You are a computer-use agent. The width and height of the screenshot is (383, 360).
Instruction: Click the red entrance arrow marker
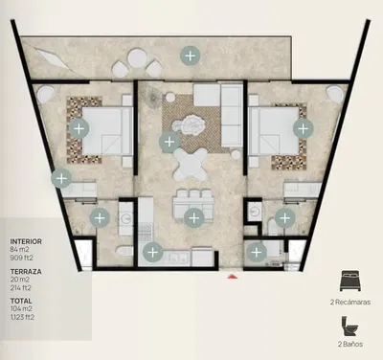coord(233,276)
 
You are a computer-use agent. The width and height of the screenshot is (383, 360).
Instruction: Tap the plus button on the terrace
coord(191,56)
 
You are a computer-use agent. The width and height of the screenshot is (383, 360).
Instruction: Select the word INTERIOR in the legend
coord(26,241)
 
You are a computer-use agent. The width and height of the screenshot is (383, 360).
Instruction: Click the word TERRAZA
coord(26,272)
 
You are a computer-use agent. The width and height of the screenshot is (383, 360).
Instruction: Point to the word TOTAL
coord(21,301)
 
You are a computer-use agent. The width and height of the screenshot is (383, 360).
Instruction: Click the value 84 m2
coord(19,249)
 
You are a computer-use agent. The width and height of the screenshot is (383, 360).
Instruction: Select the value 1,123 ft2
coord(22,317)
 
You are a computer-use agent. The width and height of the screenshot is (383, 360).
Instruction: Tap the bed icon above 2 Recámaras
coord(350,281)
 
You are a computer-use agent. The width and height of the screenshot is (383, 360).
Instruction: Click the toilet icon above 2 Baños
coord(350,326)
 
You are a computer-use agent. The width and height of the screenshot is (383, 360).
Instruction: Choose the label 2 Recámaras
coord(350,302)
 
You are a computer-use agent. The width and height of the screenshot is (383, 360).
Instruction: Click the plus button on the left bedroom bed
coord(79,128)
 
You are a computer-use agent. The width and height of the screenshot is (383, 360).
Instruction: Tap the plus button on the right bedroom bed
coord(304,128)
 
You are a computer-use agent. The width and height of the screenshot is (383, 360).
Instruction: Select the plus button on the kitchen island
coord(193,218)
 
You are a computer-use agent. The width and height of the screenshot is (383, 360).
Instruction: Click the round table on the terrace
coord(137,57)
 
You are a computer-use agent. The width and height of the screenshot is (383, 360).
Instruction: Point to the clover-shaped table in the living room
coord(190,165)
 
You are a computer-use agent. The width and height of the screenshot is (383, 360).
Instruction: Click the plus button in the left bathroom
coord(100,218)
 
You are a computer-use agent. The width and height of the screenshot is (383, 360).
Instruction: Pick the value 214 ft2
coord(21,288)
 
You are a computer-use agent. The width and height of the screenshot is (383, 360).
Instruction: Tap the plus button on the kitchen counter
coord(153,252)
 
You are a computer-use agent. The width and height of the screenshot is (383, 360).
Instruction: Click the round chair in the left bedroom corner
coord(45,95)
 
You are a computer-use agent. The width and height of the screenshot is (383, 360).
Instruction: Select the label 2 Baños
coord(350,344)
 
